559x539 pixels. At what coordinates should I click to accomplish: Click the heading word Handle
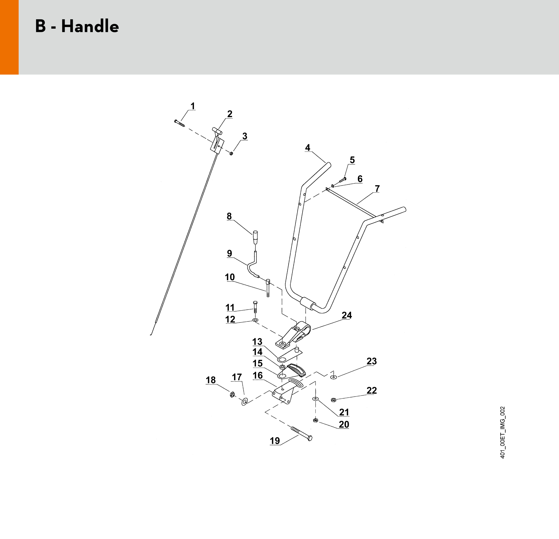[90, 26]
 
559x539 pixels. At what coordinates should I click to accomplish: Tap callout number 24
[347, 315]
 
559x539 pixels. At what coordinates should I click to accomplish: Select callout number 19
[275, 441]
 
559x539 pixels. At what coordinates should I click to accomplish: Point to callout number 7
[377, 189]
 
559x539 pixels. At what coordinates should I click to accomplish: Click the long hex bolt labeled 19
[301, 434]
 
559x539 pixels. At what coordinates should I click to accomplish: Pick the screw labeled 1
[179, 123]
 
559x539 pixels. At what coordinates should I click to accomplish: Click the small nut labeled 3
[231, 153]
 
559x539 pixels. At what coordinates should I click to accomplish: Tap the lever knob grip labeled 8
[255, 237]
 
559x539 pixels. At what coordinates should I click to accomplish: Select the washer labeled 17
[244, 402]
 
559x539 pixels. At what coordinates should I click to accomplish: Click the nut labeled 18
[232, 395]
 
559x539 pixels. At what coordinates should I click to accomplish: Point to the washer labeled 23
[333, 377]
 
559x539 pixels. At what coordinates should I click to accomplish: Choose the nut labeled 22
[333, 400]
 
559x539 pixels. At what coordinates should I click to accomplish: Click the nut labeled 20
[315, 420]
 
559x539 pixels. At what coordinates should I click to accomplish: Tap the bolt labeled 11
[255, 307]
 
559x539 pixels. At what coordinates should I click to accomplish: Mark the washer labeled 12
[255, 320]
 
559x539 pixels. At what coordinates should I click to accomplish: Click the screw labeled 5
[343, 180]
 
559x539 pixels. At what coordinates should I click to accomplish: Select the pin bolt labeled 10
[268, 288]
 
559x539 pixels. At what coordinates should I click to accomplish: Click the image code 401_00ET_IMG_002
[502, 432]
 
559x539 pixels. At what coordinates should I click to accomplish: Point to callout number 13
[257, 342]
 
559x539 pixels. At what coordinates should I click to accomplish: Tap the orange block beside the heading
[9, 37]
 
